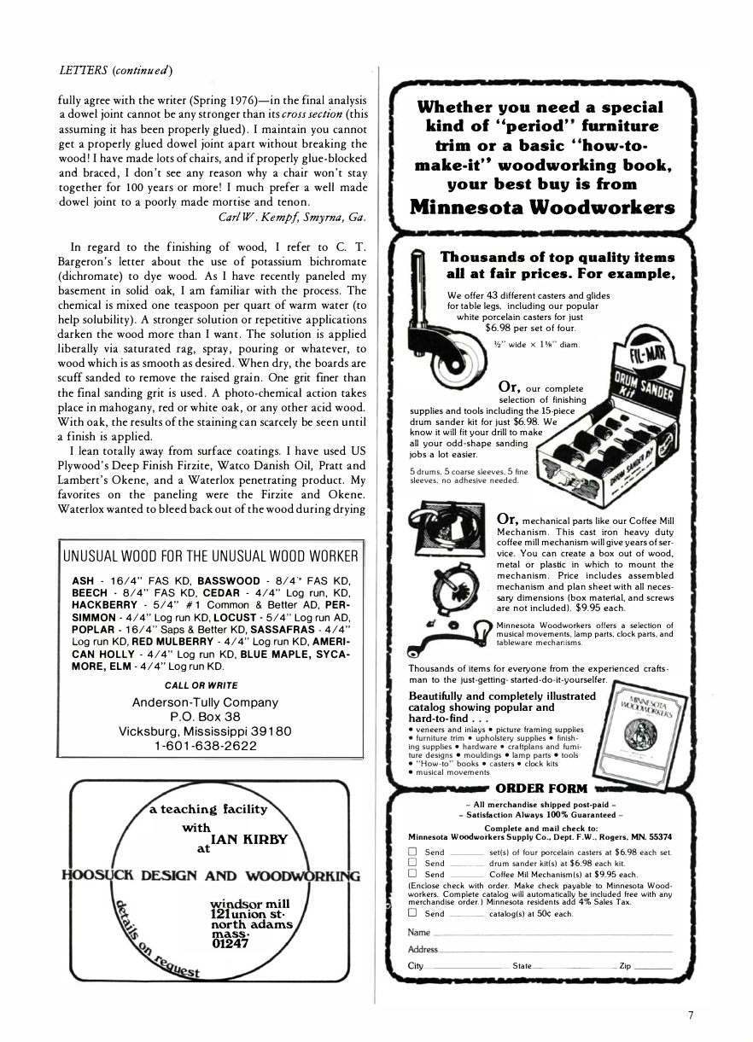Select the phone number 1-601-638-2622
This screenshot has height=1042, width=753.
pos(206,745)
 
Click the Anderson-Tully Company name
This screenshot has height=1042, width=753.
pos(205,702)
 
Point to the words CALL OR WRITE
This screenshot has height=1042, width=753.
pos(201,684)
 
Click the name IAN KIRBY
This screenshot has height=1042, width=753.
pos(248,839)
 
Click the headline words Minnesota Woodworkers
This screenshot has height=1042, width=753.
pos(542,207)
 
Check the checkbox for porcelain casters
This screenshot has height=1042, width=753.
pos(412,852)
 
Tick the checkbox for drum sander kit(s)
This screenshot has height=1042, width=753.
pos(412,863)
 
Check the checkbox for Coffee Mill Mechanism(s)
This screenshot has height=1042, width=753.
pos(412,874)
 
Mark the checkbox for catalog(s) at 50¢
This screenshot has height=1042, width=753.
pos(412,913)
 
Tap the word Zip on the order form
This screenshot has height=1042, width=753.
pos(625,965)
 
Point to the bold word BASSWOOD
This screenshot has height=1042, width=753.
pos(228,580)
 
